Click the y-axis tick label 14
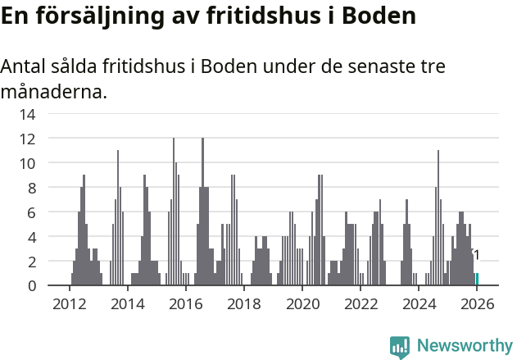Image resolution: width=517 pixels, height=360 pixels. (x=27, y=114)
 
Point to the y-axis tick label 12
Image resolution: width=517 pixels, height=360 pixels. (x=27, y=139)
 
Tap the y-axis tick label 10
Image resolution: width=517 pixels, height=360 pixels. (x=27, y=163)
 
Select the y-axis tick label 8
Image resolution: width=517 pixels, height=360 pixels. (x=31, y=188)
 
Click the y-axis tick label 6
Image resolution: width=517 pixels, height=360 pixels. (x=31, y=212)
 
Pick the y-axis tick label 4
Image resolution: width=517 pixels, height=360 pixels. (x=31, y=237)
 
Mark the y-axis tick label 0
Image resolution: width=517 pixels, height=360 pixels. (x=31, y=286)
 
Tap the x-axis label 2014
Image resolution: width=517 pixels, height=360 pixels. (x=127, y=304)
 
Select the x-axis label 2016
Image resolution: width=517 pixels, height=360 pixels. (x=185, y=304)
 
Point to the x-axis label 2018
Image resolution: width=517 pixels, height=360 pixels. (x=243, y=304)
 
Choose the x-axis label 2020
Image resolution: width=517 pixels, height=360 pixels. (x=302, y=304)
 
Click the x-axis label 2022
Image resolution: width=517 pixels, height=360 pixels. (x=361, y=304)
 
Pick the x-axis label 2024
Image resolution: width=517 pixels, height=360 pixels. (x=419, y=304)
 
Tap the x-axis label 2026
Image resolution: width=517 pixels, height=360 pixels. (x=477, y=304)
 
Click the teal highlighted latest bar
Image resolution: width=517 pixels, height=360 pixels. (x=477, y=280)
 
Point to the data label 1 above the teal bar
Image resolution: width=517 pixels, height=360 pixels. (x=476, y=256)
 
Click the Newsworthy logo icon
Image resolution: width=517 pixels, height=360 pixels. (x=400, y=347)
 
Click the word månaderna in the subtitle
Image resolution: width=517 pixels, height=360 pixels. (x=53, y=92)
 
